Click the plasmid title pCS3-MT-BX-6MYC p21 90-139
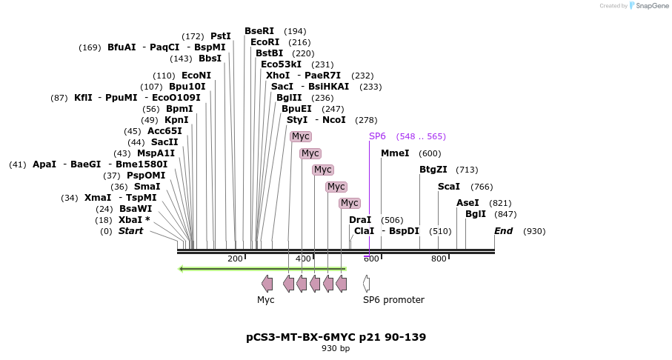(x=336, y=337)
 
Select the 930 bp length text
(x=336, y=349)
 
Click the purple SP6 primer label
(x=377, y=136)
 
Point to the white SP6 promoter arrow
(x=366, y=283)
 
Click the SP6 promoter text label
(x=393, y=300)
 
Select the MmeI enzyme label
(x=395, y=153)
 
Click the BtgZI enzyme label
(x=433, y=170)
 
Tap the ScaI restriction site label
(x=448, y=187)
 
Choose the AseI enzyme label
(x=468, y=203)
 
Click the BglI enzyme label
(x=476, y=214)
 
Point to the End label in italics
(x=503, y=231)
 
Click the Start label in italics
(x=130, y=231)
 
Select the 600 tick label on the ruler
(x=371, y=259)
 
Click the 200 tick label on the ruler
(x=235, y=259)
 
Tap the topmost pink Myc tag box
(x=300, y=136)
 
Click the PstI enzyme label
(x=221, y=36)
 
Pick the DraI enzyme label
(x=360, y=220)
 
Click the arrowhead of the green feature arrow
(x=182, y=269)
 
